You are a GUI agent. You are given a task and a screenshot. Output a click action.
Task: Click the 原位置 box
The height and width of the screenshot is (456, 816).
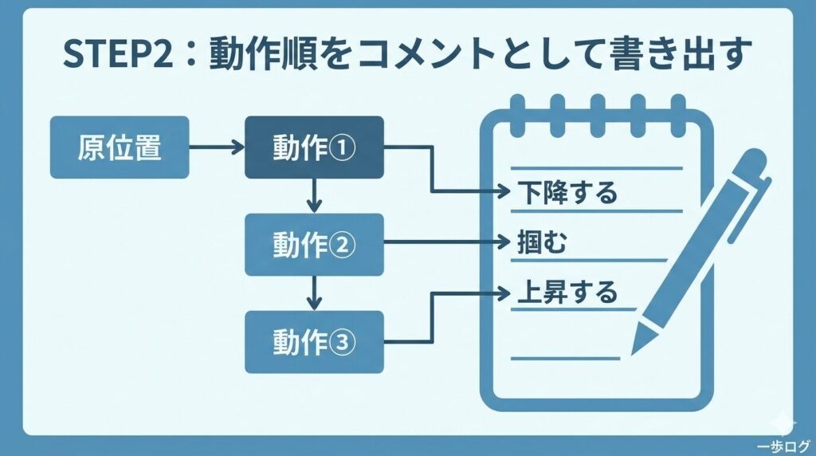coord(120,147)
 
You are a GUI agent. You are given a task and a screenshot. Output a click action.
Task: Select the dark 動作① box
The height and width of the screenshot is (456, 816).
coord(313,147)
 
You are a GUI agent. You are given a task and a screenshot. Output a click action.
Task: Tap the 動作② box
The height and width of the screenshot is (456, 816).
coord(313,245)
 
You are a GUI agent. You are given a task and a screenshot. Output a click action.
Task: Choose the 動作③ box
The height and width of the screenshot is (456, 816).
coord(313,343)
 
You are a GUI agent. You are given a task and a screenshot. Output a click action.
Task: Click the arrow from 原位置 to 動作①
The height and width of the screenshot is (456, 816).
coord(217,147)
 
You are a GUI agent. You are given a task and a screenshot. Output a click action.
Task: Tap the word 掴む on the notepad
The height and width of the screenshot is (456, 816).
coord(542,242)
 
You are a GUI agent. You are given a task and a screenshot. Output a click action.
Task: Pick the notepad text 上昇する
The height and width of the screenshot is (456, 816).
coord(567,293)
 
